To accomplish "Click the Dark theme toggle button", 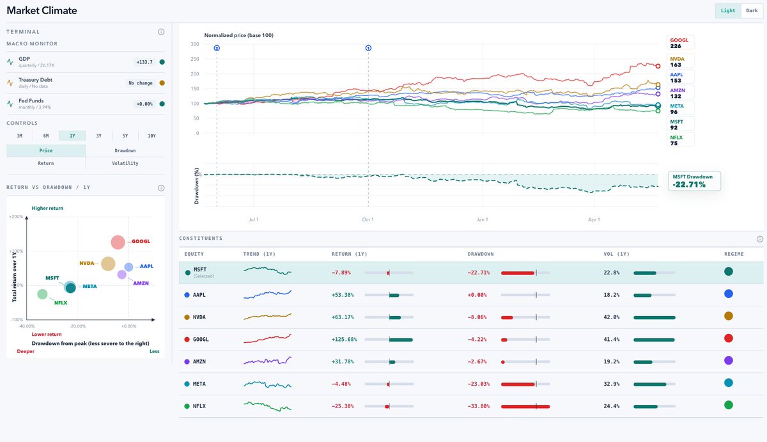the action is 752,11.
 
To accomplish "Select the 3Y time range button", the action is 98,136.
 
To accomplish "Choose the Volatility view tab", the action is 125,163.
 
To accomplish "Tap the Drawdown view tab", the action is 125,150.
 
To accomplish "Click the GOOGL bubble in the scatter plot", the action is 118,242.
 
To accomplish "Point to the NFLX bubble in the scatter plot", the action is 42,294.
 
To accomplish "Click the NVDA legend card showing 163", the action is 680,61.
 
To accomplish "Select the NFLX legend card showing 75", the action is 680,140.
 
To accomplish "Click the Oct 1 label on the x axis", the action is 368,219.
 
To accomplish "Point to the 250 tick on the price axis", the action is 195,59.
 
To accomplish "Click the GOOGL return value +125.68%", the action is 344,339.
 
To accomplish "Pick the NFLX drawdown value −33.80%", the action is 479,406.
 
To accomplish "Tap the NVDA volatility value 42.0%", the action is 612,317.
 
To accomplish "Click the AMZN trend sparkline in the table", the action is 267,361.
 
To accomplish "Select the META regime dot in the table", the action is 728,383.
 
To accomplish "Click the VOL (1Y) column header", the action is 616,254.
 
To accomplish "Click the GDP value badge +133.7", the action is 144,62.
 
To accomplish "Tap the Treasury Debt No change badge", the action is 141,83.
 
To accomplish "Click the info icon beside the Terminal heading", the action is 161,32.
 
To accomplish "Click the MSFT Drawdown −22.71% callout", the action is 694,181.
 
